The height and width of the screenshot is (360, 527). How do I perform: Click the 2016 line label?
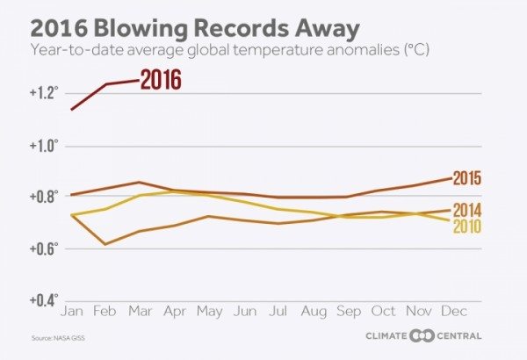coord(161,80)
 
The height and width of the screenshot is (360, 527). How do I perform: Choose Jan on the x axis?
coord(71,311)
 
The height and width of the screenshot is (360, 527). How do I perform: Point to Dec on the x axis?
coord(453,311)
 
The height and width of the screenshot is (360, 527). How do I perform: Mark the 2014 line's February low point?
coord(105,243)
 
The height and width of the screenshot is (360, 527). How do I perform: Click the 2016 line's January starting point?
coord(71,109)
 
